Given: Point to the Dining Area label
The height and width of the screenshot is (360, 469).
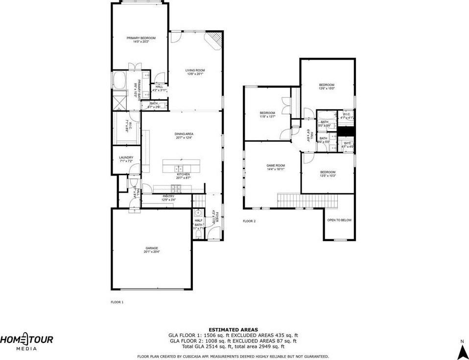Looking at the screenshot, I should tap(184, 135).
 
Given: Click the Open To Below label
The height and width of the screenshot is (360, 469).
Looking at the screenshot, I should tap(339, 220).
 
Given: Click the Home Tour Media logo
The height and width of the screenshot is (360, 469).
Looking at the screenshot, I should tap(26, 341).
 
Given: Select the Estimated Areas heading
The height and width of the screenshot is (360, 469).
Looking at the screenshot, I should tap(233, 330).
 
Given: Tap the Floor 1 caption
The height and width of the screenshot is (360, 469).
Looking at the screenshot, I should tap(117, 302).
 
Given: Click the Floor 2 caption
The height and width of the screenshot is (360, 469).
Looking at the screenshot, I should tap(249, 221).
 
